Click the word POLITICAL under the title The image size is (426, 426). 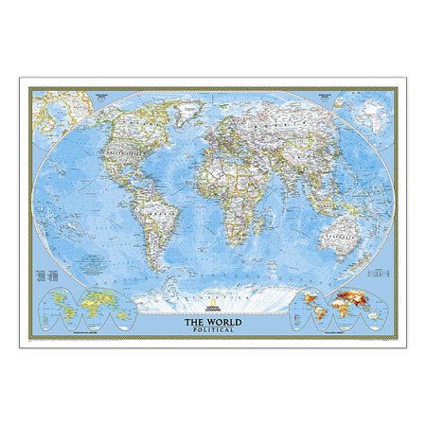213,329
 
